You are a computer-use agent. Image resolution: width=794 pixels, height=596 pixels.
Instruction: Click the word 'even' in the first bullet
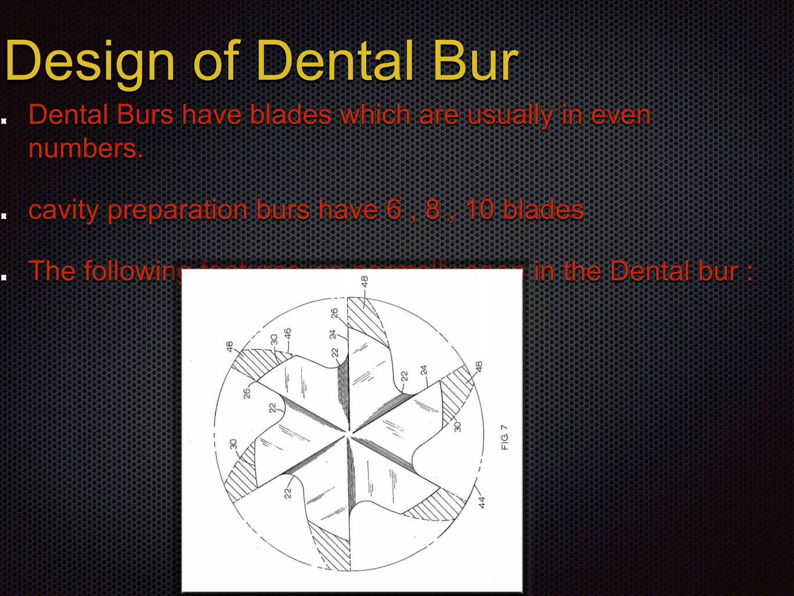tap(620, 116)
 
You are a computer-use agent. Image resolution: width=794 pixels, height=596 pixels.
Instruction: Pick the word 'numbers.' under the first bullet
tap(86, 149)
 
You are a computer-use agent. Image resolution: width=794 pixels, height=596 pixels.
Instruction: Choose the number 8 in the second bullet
tap(432, 210)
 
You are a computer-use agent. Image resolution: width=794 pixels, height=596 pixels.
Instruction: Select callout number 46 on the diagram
tap(288, 334)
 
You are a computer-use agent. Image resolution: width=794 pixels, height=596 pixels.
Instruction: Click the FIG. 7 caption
tap(504, 437)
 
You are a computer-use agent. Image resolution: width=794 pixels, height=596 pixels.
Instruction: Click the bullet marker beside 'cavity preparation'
tap(4, 216)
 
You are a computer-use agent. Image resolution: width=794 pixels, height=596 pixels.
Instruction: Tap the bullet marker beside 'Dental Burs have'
tap(4, 121)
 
